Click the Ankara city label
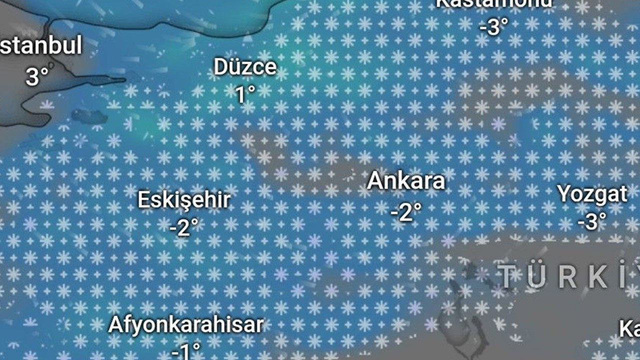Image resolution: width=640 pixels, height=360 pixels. pyautogui.click(x=406, y=180)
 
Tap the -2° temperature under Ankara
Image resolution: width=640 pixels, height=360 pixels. pyautogui.click(x=406, y=212)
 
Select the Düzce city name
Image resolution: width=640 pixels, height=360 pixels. pyautogui.click(x=245, y=67)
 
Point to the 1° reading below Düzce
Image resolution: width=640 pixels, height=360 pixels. pyautogui.click(x=245, y=94)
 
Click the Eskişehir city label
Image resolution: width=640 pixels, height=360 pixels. pyautogui.click(x=184, y=200)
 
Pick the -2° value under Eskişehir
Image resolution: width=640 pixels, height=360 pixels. pyautogui.click(x=184, y=228)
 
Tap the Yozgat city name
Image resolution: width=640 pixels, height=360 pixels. pyautogui.click(x=592, y=194)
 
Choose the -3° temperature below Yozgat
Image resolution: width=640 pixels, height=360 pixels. pyautogui.click(x=592, y=221)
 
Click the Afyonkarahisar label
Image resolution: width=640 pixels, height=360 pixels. pyautogui.click(x=185, y=325)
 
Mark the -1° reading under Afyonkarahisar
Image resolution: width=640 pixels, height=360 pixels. pyautogui.click(x=185, y=351)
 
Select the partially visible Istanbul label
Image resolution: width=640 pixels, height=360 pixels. pyautogui.click(x=40, y=46)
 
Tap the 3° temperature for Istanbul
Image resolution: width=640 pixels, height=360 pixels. pyautogui.click(x=37, y=76)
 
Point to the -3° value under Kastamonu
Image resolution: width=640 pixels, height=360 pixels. pyautogui.click(x=493, y=26)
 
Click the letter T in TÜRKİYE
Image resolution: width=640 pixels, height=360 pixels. pyautogui.click(x=508, y=277)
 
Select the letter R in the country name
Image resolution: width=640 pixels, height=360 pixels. pyautogui.click(x=567, y=277)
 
